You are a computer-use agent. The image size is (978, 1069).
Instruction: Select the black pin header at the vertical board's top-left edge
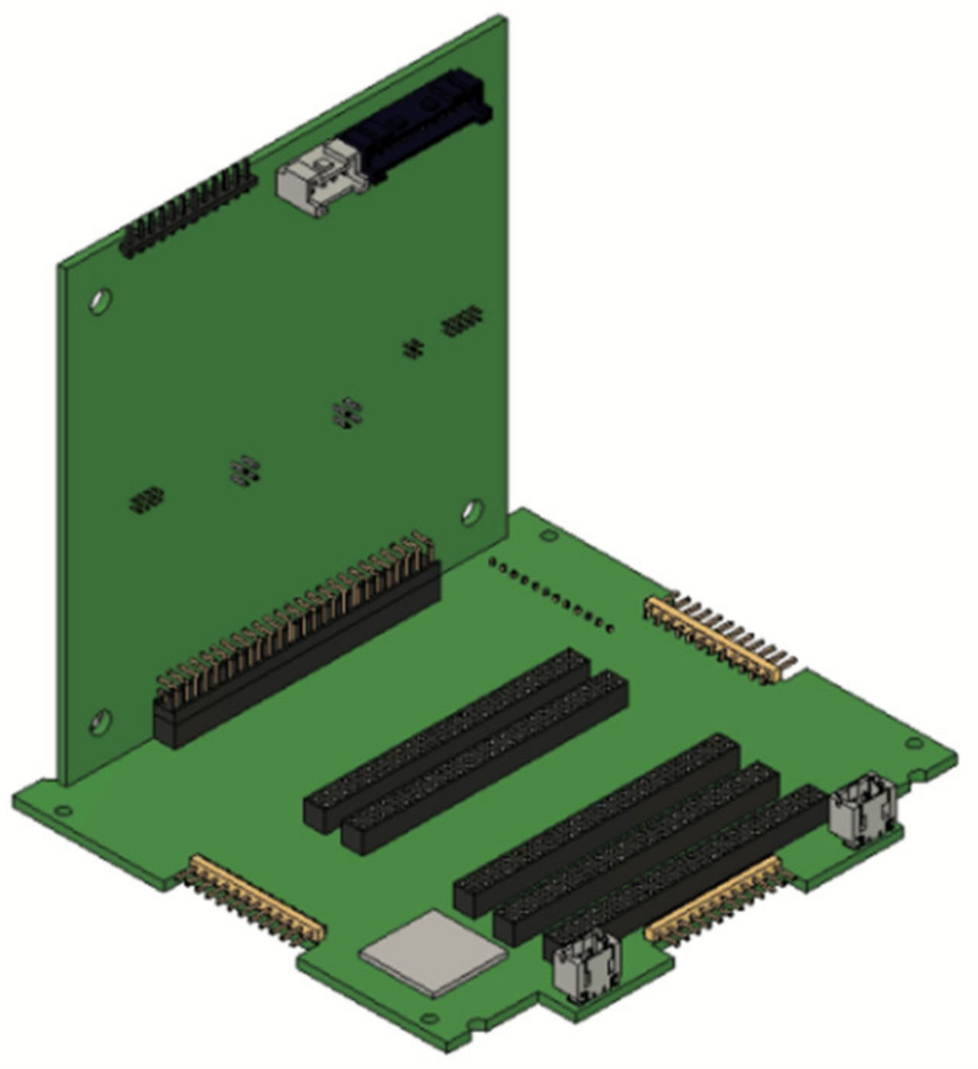pyautogui.click(x=188, y=209)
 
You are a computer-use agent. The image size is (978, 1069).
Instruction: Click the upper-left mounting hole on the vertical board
pyautogui.click(x=100, y=301)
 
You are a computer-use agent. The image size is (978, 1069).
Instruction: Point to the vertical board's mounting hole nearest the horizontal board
pyautogui.click(x=472, y=511)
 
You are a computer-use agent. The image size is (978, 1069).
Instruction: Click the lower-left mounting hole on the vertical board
pyautogui.click(x=100, y=722)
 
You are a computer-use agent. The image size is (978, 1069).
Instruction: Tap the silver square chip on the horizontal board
pyautogui.click(x=434, y=953)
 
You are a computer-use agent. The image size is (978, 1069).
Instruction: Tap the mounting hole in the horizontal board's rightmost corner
pyautogui.click(x=913, y=743)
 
